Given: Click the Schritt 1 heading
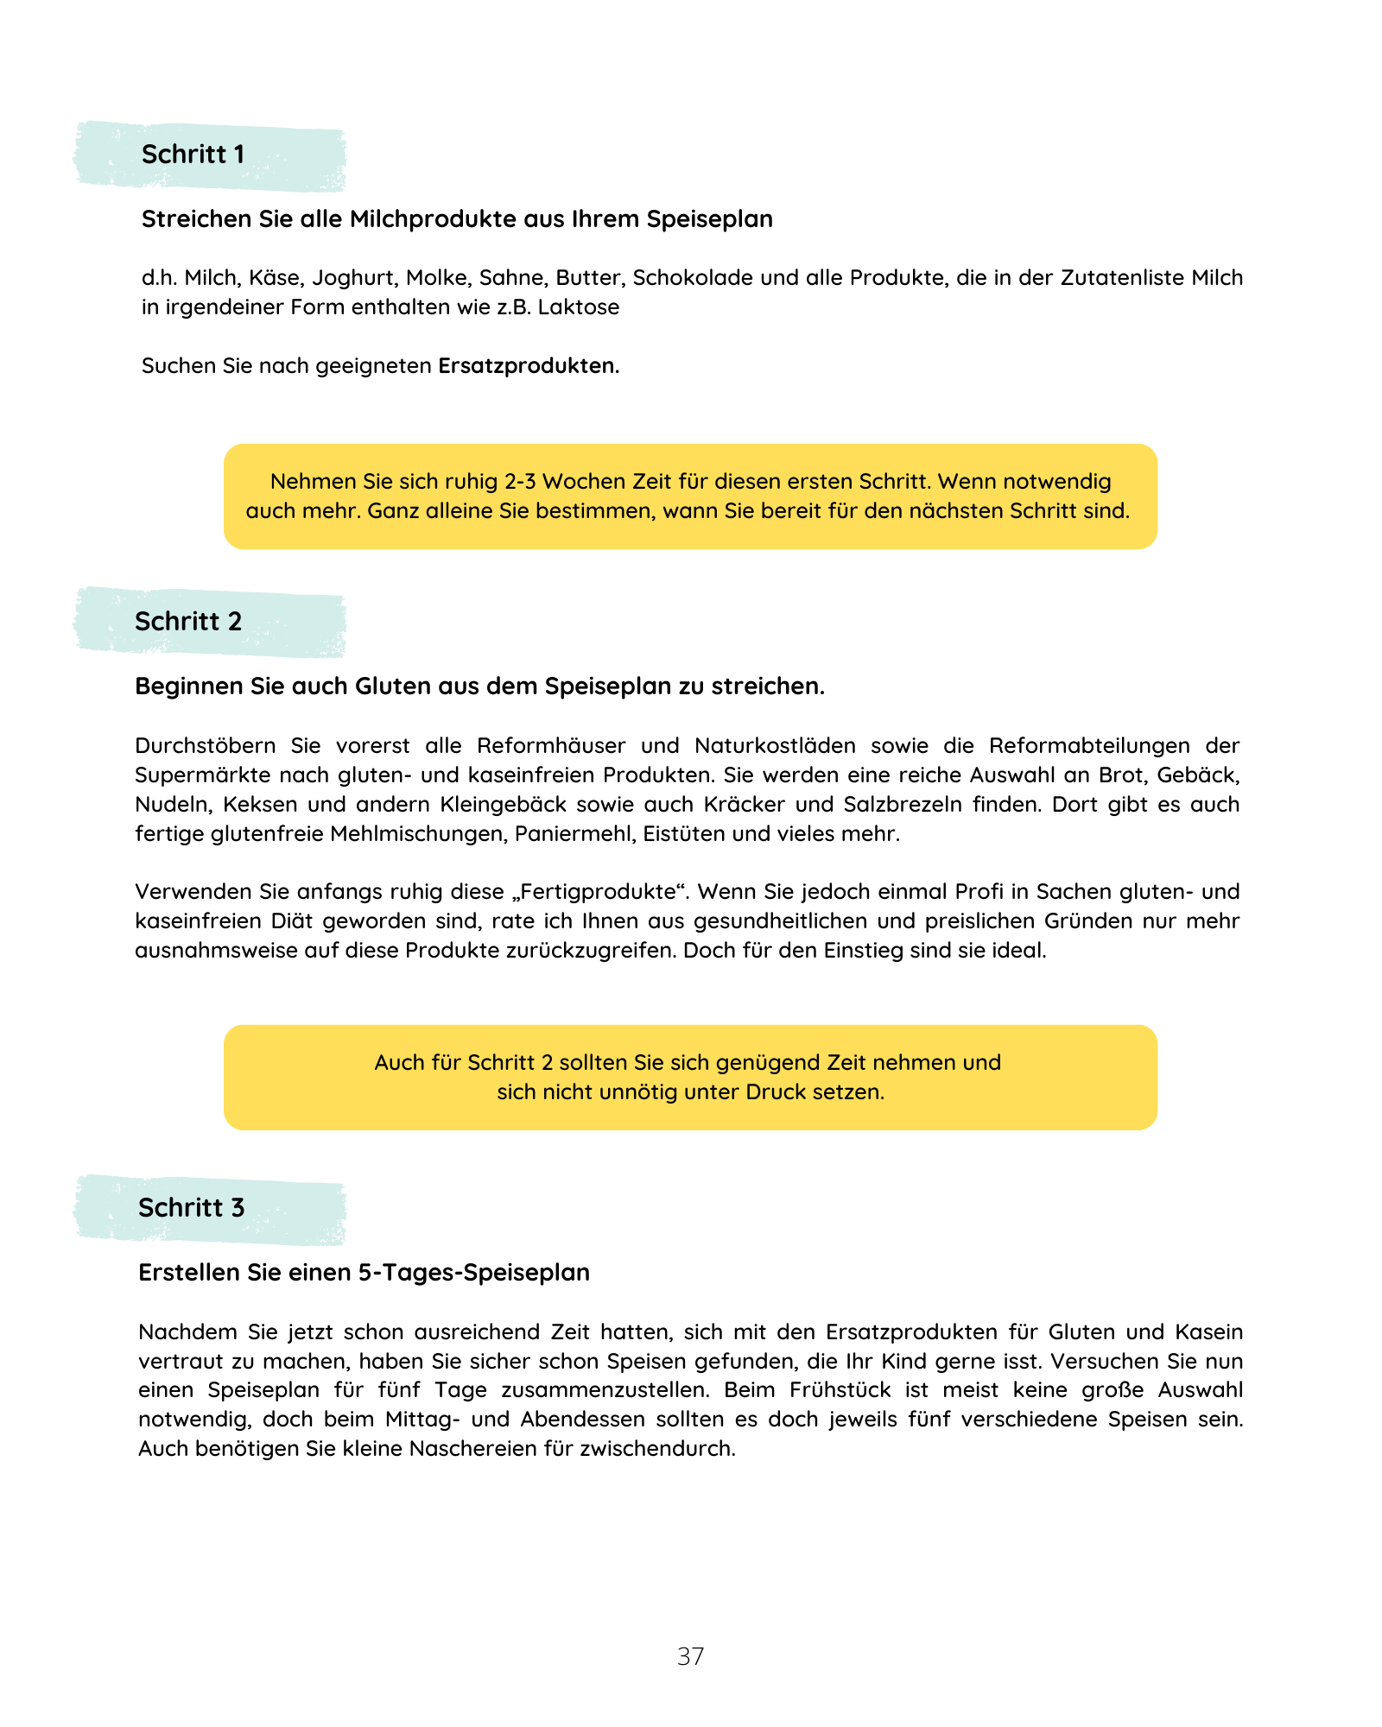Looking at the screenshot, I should pyautogui.click(x=193, y=155).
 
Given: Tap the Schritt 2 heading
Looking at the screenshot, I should pyautogui.click(x=188, y=622).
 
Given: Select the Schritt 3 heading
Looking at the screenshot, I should pyautogui.click(x=192, y=1208).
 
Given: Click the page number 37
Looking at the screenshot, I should pyautogui.click(x=690, y=1656).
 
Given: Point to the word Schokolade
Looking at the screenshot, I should pyautogui.click(x=688, y=278).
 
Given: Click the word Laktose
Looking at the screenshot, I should pyautogui.click(x=579, y=307).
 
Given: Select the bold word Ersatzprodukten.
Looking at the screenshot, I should pyautogui.click(x=528, y=366).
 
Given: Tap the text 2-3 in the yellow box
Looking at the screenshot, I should pyautogui.click(x=520, y=482).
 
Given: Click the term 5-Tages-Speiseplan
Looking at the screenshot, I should pyautogui.click(x=474, y=1273).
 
